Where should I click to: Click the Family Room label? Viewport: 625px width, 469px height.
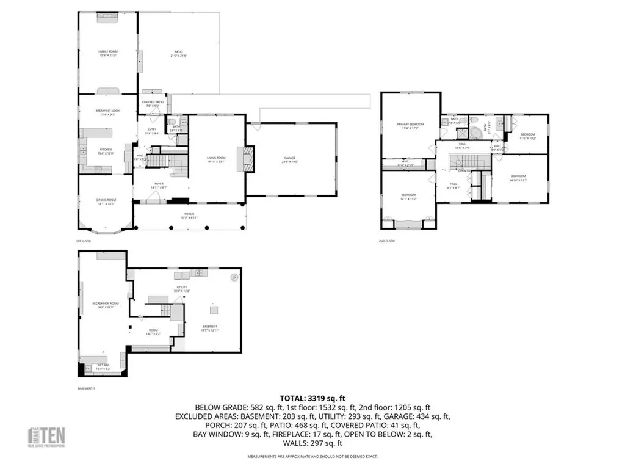coord(107,53)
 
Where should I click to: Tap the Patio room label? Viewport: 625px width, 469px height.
coord(178,53)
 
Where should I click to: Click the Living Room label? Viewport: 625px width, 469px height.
coord(217,160)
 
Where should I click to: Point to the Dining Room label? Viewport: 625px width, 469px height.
coord(106,202)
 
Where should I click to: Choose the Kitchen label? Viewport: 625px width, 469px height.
coord(106,151)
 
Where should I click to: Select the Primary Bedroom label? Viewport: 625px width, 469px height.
coord(410,126)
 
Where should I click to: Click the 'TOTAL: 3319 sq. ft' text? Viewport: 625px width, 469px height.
coord(312,396)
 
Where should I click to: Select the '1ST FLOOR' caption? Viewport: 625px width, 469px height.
coord(83,241)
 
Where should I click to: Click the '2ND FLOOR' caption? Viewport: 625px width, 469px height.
coord(386,241)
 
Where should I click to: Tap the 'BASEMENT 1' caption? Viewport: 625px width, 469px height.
coord(86,388)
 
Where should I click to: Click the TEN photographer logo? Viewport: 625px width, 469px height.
coord(48,437)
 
